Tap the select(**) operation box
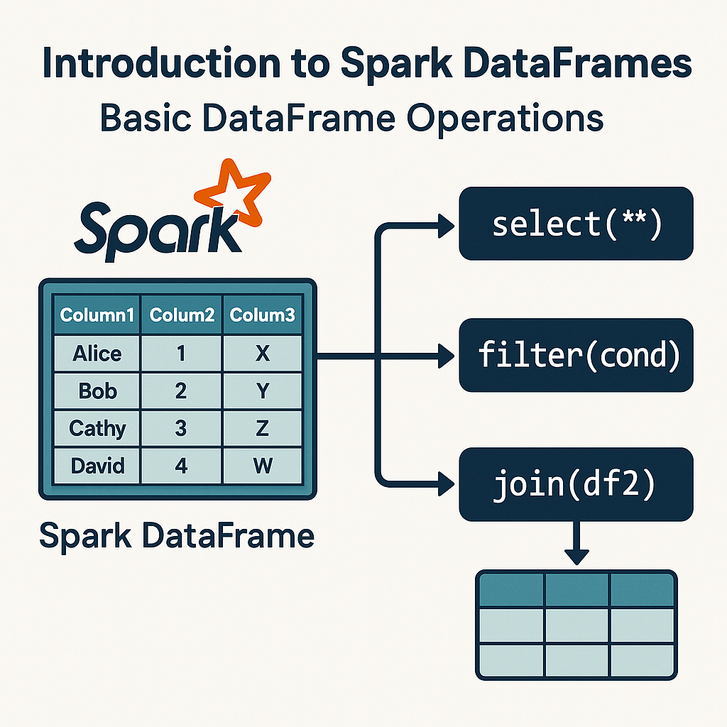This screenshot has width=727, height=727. (x=576, y=224)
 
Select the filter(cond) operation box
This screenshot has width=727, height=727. (x=576, y=355)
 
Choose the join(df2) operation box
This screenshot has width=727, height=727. (x=576, y=485)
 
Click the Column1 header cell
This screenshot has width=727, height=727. (x=97, y=315)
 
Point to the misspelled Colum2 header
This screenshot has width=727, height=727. (x=181, y=315)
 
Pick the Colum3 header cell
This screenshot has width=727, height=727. (x=263, y=315)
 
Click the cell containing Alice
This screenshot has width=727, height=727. (x=97, y=353)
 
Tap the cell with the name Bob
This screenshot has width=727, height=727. (x=97, y=390)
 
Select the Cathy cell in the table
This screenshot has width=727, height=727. (x=97, y=428)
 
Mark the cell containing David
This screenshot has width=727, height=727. (x=97, y=466)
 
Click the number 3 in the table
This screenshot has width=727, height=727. (x=181, y=428)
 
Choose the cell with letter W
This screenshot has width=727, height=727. (x=263, y=466)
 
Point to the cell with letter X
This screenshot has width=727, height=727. (x=263, y=353)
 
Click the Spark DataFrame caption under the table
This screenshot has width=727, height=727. (x=176, y=536)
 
